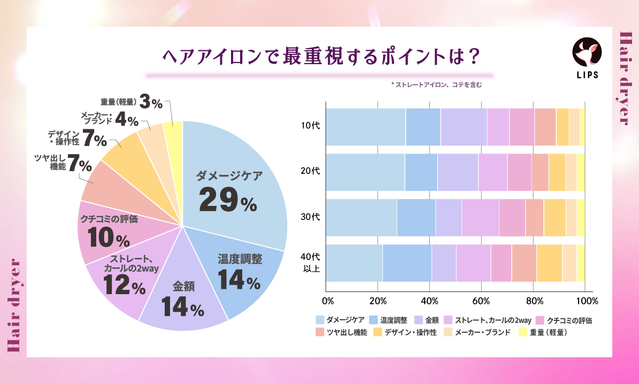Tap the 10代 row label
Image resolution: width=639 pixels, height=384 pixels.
point(311,127)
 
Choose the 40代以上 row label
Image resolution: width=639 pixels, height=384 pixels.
point(311,263)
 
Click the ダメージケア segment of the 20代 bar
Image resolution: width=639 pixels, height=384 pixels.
point(365,172)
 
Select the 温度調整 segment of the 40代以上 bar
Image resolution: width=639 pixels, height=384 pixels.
point(407,263)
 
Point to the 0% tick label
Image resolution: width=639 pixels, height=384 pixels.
point(328,300)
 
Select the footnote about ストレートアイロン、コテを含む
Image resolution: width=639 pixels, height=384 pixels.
point(436,85)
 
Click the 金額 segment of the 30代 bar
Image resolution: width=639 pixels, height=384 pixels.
point(448,218)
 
